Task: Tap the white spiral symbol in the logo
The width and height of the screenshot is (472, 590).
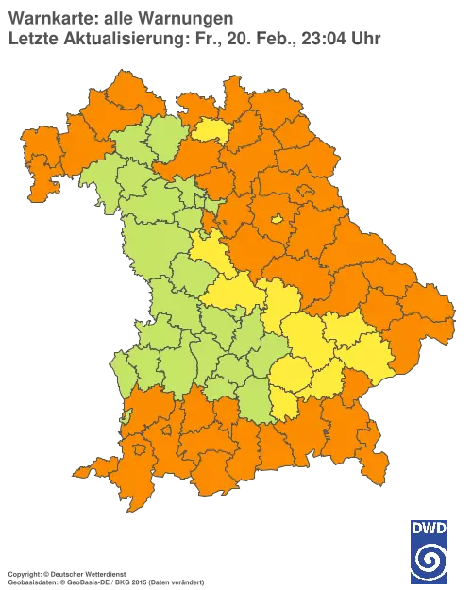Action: pos(430,561)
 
